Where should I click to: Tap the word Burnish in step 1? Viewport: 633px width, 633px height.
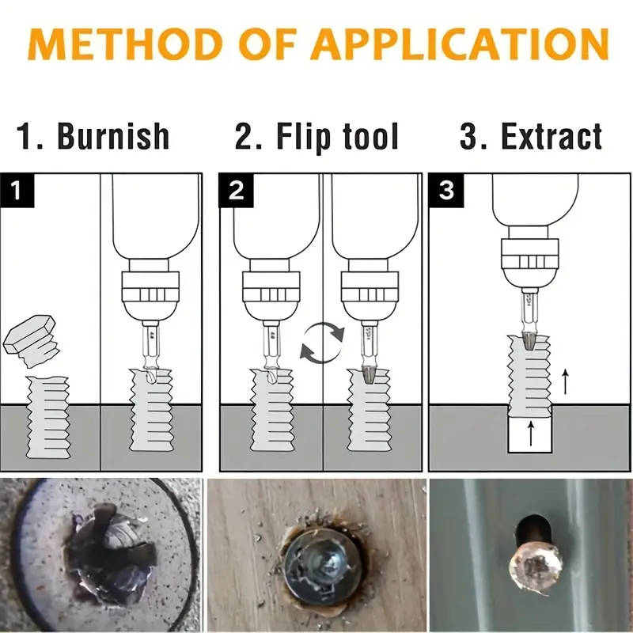114,136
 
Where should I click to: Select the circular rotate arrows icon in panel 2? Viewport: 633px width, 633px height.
322,342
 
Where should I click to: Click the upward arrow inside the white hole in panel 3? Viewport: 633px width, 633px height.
529,434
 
